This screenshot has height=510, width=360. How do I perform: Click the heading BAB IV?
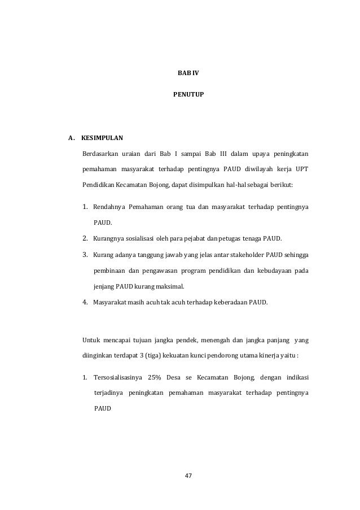(181, 74)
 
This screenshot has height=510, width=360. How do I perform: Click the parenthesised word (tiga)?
(153, 356)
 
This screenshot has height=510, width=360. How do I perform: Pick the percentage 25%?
(155, 377)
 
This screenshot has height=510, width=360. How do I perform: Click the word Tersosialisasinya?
(116, 377)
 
